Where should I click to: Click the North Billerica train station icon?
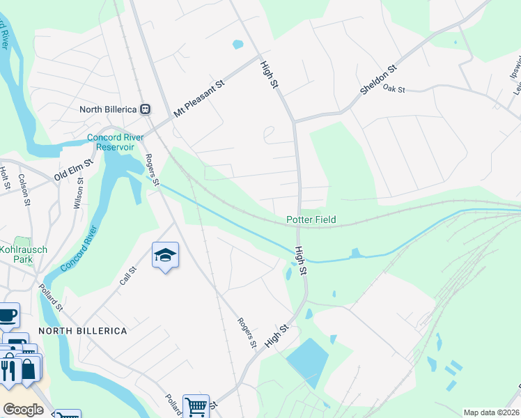pyautogui.click(x=146, y=109)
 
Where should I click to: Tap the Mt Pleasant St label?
pyautogui.click(x=199, y=97)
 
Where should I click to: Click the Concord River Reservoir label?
pyautogui.click(x=115, y=142)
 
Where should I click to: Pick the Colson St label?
pyautogui.click(x=24, y=189)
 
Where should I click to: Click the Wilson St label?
pyautogui.click(x=79, y=194)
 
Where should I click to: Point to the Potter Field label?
pyautogui.click(x=311, y=219)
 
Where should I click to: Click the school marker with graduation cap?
pyautogui.click(x=165, y=256)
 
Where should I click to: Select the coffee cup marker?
pyautogui.click(x=7, y=315)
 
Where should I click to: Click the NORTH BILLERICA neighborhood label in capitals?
pyautogui.click(x=82, y=330)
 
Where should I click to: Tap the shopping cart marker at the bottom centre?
pyautogui.click(x=196, y=405)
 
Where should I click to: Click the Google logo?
pyautogui.click(x=23, y=410)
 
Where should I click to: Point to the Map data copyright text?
pyautogui.click(x=492, y=412)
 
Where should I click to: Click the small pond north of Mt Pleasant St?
pyautogui.click(x=238, y=45)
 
